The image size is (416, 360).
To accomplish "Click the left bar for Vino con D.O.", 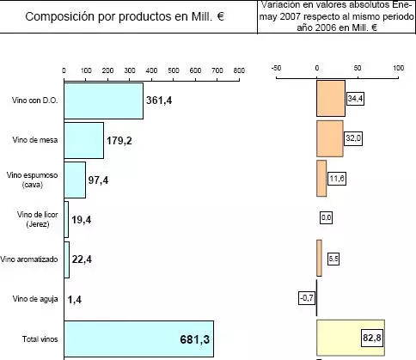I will (103, 101).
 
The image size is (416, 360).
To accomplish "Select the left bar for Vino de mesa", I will (83, 140).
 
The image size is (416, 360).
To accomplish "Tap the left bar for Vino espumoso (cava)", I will (75, 180).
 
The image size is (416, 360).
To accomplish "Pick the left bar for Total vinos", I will (138, 338).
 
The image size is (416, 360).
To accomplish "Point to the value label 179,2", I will (121, 141).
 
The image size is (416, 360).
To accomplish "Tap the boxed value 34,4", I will (355, 100).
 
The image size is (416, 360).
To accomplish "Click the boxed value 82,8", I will (373, 337).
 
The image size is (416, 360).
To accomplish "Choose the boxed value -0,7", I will (306, 297).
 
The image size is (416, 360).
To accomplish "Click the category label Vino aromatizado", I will (29, 259).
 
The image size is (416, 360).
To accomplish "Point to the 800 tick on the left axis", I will (238, 70).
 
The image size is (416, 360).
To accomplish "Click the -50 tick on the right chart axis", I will (276, 66).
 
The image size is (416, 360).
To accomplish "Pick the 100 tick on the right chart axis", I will (398, 66).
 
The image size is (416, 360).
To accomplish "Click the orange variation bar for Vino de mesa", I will (330, 139).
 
